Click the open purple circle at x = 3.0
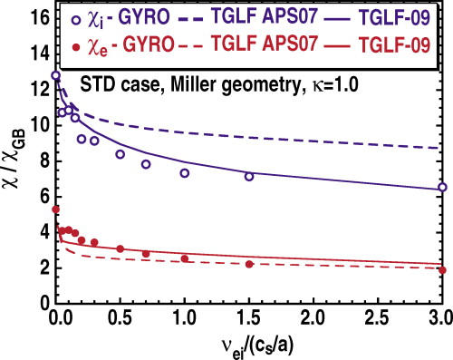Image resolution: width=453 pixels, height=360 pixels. [x=442, y=187]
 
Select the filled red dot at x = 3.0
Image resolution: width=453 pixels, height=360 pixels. [x=442, y=270]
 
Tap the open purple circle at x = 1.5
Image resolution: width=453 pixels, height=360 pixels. [x=249, y=177]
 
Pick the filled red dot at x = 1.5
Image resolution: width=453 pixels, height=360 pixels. [x=249, y=264]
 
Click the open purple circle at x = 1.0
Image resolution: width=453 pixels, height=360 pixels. [x=185, y=173]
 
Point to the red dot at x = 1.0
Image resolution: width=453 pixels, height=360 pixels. [x=185, y=258]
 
